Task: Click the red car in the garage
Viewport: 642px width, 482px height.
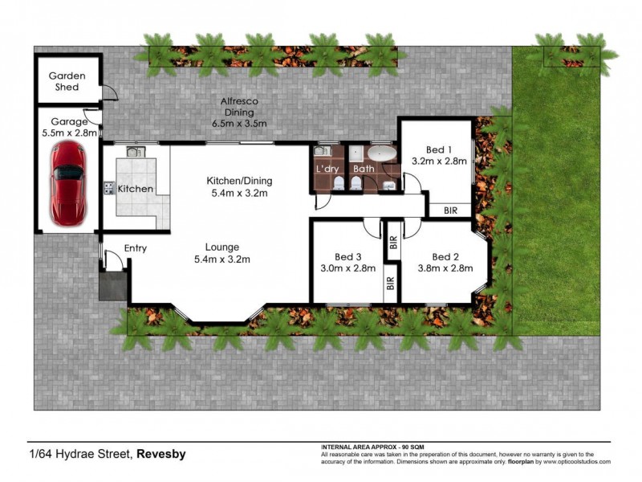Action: (67, 184)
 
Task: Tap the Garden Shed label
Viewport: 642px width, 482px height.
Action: (67, 81)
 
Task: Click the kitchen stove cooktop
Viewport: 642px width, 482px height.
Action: (108, 189)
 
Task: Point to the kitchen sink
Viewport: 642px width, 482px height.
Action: (132, 152)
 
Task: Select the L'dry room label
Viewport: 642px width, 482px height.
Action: (327, 169)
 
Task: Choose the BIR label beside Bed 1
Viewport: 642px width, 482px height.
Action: (450, 210)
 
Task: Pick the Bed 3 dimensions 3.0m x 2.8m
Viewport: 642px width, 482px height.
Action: (347, 268)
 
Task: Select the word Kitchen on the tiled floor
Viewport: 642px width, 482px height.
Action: (135, 189)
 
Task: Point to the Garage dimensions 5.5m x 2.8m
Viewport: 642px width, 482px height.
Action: (67, 133)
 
